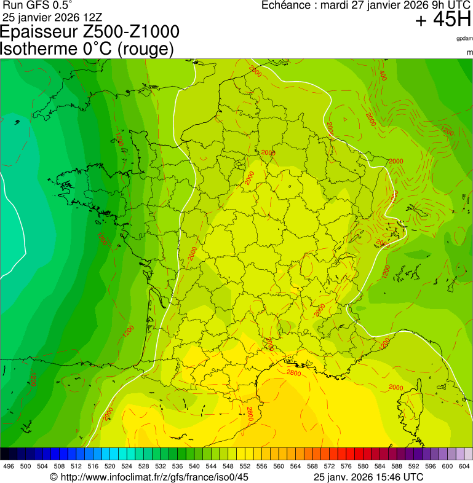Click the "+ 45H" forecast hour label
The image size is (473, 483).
pos(443,20)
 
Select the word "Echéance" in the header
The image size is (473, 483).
pos(287,6)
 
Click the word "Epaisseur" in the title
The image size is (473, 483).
pos(39,33)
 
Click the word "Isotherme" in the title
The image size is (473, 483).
pos(39,49)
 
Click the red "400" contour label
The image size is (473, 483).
pos(383,76)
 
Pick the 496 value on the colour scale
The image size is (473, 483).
pos(9,466)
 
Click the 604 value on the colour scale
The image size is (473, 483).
pos(464,466)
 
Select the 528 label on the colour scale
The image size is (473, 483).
pos(143,466)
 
